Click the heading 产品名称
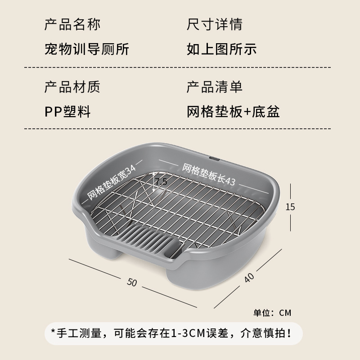coord(72,24)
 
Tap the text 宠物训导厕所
coord(87,49)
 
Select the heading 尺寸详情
coord(215,24)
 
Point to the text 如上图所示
coord(221,49)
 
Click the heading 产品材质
coord(72,87)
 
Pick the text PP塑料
coord(67,112)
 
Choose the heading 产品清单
coord(215,87)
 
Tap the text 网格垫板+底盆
coord(233,112)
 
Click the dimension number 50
coord(132,282)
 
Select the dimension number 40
coord(249,278)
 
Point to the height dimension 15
coord(290,207)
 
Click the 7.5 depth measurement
coord(161,182)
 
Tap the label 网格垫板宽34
coord(112,182)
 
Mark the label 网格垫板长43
coord(209,175)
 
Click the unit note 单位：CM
coord(272,313)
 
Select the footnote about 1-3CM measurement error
coord(171,333)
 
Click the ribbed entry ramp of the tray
coord(150,240)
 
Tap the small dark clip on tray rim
coord(215,158)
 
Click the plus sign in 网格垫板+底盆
coord(247,112)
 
